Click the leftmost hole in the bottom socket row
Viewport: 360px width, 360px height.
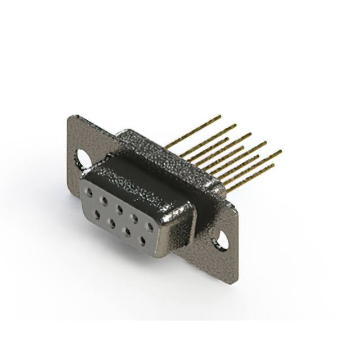coord(97,213)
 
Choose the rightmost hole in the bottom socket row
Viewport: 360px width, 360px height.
coord(143,240)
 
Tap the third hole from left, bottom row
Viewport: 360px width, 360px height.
coord(128,231)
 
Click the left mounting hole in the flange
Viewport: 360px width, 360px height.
coord(83,159)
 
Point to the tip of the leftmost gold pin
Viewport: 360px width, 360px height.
coord(220,116)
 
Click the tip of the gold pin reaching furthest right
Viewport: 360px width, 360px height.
coord(280,151)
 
